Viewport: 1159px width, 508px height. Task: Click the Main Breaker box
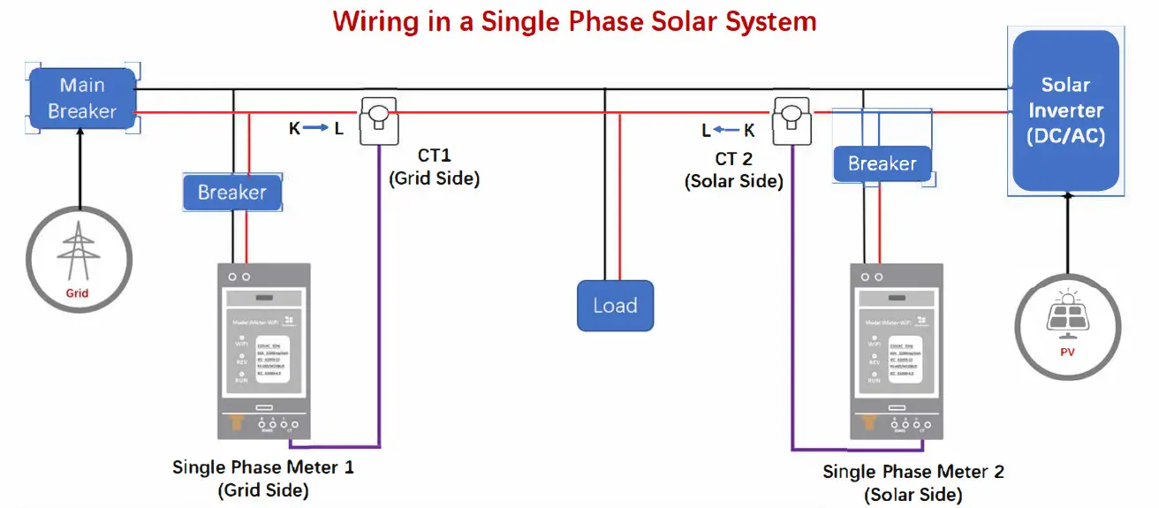tap(82, 98)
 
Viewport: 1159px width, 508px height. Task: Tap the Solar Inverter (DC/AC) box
tap(1065, 110)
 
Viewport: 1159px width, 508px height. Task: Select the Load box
tap(615, 306)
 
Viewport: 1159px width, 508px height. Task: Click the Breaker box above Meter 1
tap(231, 193)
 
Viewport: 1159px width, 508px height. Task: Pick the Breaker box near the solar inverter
tap(882, 163)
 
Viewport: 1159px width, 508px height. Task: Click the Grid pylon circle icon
tap(78, 257)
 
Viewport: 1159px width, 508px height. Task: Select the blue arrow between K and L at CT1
tap(316, 129)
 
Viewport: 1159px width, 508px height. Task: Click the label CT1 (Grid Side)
tap(434, 167)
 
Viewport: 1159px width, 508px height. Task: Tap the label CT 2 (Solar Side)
tap(733, 171)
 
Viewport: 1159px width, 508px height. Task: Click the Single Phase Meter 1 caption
tap(263, 478)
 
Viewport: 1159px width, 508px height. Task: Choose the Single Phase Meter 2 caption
tap(913, 482)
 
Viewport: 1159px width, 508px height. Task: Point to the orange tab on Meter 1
tap(236, 424)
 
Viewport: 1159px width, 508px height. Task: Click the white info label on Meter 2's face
tap(909, 357)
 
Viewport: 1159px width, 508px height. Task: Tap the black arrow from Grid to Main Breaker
tap(79, 168)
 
